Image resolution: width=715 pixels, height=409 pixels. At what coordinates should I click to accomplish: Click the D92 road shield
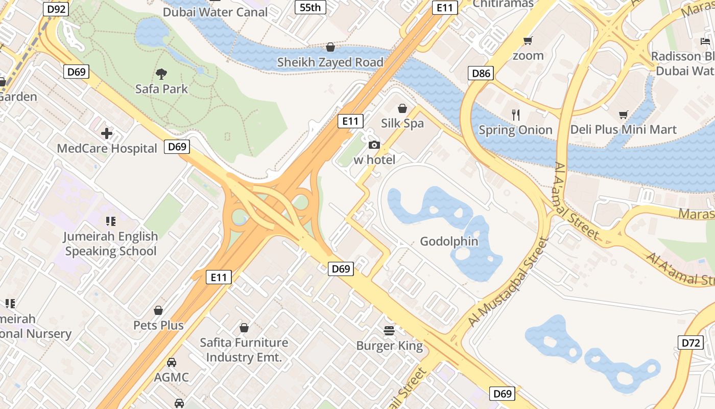(57, 9)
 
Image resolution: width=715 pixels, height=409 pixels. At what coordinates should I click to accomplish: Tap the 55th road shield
(311, 7)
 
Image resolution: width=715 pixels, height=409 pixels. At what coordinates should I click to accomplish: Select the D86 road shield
(481, 73)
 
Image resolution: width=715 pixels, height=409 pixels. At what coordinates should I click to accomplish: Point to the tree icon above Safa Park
(161, 74)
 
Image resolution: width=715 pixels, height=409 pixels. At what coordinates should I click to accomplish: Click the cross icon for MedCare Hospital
(107, 134)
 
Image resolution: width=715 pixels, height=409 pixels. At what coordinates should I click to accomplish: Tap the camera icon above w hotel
(374, 145)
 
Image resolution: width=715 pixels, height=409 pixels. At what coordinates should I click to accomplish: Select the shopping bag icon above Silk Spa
(402, 108)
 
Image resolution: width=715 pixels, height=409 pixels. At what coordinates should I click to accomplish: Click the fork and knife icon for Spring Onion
(516, 115)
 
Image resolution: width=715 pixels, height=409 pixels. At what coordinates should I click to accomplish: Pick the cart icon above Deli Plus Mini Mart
(623, 115)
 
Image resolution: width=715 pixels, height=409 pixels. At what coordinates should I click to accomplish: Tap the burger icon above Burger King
(389, 331)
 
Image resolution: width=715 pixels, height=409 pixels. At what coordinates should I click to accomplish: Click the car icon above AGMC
(172, 362)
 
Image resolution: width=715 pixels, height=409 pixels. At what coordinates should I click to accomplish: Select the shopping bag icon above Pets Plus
(158, 310)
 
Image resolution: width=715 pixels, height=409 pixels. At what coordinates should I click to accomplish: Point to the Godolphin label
(449, 241)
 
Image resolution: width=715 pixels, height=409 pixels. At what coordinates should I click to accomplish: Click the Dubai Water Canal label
(215, 12)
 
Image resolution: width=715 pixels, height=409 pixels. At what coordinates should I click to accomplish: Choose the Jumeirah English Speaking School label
(110, 244)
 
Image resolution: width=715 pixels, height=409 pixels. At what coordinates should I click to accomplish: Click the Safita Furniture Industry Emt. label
(244, 350)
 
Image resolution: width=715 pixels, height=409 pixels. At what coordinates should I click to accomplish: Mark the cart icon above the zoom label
(528, 40)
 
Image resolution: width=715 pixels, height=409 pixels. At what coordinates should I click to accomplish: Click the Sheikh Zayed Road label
(330, 62)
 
